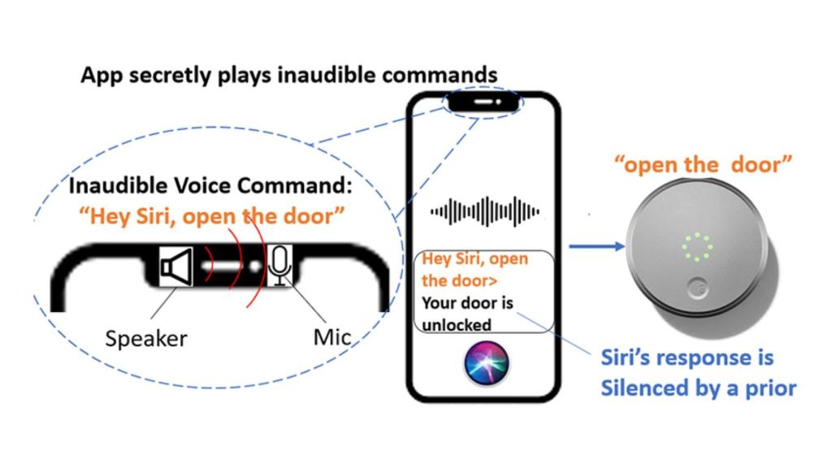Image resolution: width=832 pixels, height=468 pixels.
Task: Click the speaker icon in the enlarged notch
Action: (176, 266)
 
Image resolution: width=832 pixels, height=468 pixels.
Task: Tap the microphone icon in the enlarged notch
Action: (279, 266)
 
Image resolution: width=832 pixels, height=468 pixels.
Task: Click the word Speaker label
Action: (146, 339)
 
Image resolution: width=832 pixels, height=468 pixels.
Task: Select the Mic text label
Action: (332, 337)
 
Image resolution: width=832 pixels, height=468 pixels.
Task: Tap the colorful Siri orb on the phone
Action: (487, 363)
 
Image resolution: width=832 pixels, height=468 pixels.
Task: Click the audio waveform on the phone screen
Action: (485, 211)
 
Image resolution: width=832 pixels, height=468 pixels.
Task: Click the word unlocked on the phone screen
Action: (457, 325)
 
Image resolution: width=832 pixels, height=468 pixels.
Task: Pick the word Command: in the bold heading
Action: (294, 186)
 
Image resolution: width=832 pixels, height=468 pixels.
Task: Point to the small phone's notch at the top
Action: (483, 102)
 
